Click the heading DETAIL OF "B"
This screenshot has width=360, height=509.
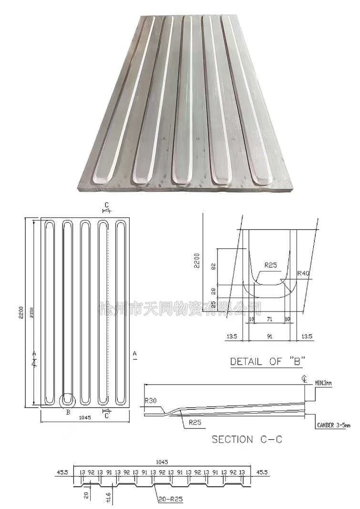point(267,361)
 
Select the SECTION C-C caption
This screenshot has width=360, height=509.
point(247,439)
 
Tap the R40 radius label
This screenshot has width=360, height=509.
point(304,273)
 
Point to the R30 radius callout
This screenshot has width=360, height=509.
point(151,401)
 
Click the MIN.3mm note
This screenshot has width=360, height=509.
point(325,383)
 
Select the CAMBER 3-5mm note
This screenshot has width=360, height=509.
point(333,425)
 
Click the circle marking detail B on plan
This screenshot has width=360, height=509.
point(67,400)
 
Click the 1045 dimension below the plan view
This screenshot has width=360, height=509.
point(85,417)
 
